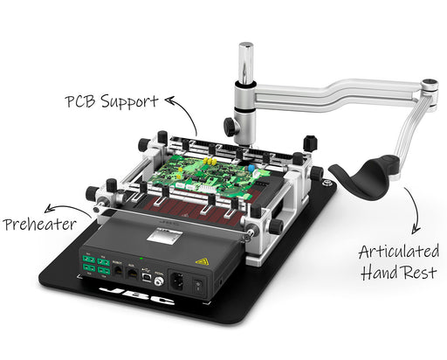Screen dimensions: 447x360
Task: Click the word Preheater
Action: (39, 225)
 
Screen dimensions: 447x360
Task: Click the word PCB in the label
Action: (80, 101)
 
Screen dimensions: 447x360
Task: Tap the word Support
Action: (129, 102)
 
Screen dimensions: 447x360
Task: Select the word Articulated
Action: (399, 252)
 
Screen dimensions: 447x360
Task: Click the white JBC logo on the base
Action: (137, 295)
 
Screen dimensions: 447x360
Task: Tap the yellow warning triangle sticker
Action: (203, 261)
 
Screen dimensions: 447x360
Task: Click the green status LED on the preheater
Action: (141, 258)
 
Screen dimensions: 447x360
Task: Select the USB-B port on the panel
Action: (147, 276)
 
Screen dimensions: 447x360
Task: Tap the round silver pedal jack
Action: (159, 281)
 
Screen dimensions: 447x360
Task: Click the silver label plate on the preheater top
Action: (164, 235)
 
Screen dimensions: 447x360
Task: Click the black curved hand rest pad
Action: (364, 177)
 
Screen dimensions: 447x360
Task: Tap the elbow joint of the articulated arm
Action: (430, 87)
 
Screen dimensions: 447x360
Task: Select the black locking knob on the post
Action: (230, 127)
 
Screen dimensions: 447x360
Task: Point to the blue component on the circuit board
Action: (251, 168)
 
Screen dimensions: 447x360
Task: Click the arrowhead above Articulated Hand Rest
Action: (416, 230)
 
